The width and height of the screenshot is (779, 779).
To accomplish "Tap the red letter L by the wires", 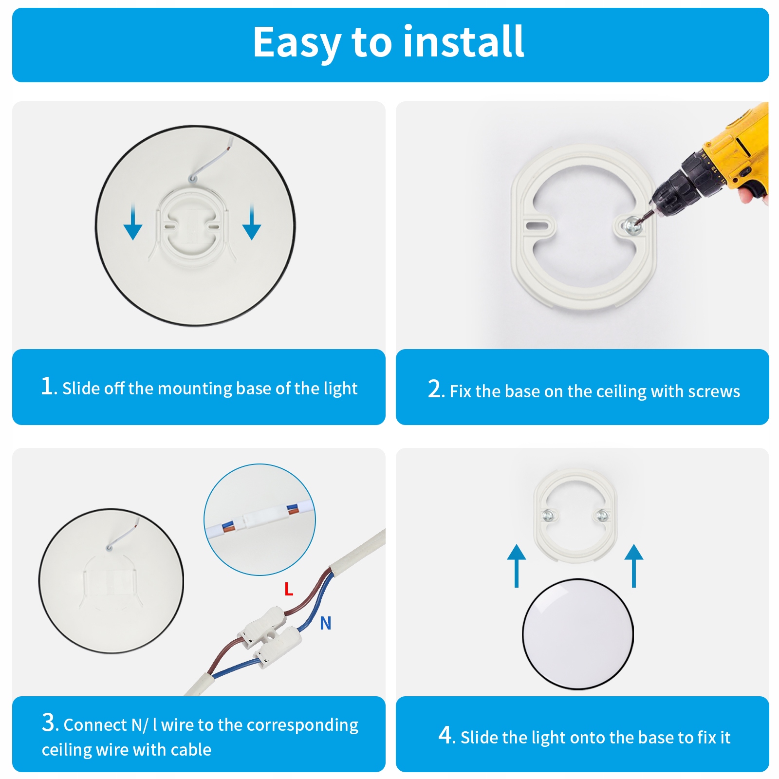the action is click(x=289, y=589).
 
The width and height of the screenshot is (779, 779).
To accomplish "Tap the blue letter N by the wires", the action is click(x=326, y=623).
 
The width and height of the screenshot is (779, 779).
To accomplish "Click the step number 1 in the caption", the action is click(x=47, y=386).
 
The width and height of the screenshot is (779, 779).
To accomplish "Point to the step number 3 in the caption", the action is click(x=48, y=723).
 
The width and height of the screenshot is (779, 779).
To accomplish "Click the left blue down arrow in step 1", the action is click(x=132, y=223).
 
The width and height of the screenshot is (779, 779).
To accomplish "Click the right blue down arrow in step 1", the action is click(x=252, y=223).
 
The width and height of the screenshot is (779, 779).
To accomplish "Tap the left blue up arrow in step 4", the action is click(x=517, y=566).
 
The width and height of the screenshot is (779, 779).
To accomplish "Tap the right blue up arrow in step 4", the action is click(x=634, y=566).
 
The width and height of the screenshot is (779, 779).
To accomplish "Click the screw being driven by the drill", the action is click(x=631, y=225).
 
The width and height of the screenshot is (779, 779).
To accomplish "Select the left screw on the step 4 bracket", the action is click(x=548, y=515).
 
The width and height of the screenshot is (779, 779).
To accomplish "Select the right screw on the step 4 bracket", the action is click(x=602, y=515).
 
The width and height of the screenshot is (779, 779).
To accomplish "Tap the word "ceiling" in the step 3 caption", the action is click(x=67, y=750).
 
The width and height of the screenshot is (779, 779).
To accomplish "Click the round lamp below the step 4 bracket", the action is click(x=578, y=634).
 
